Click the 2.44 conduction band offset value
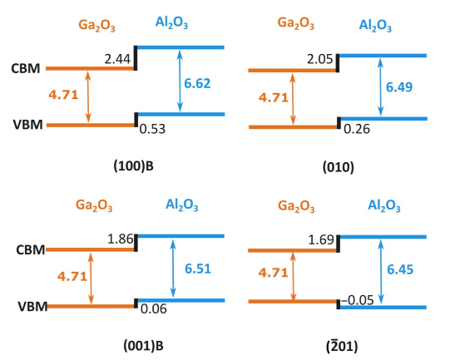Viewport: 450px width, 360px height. point(117,59)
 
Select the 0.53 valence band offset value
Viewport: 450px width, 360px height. point(152,129)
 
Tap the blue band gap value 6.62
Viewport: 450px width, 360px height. point(197,83)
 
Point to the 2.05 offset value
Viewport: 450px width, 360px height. point(320,59)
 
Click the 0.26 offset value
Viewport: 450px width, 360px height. point(357,129)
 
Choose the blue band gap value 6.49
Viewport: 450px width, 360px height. point(399,87)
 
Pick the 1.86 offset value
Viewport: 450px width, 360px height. point(121,239)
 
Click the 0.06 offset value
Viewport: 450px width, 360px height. point(154,309)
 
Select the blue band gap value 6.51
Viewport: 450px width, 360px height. point(198,269)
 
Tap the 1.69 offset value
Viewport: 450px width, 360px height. point(321,239)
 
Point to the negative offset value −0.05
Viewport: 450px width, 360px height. point(358,300)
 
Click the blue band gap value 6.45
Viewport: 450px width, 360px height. point(400,269)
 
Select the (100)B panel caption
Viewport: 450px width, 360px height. point(134,166)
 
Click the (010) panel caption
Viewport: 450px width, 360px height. point(339,167)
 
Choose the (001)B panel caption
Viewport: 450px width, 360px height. point(144,346)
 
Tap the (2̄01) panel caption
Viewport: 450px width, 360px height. point(342,346)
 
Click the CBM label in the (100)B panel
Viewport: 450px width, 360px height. point(26,68)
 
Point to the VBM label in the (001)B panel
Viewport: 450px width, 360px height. point(32,307)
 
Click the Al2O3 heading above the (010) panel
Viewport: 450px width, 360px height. point(375,25)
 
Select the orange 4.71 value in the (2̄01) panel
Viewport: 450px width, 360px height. point(273,273)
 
